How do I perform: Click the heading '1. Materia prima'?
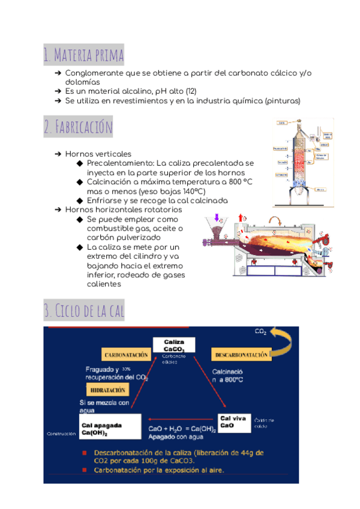coord(83,55)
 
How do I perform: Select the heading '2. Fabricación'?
coord(78,127)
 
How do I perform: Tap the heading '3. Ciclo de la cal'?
coord(84,311)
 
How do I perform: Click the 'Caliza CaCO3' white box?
coord(174,345)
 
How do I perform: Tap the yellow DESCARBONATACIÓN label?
coord(241,355)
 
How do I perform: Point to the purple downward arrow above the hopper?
coord(217,217)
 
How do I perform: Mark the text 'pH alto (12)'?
coord(175,91)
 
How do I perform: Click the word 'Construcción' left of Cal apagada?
coord(61,433)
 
